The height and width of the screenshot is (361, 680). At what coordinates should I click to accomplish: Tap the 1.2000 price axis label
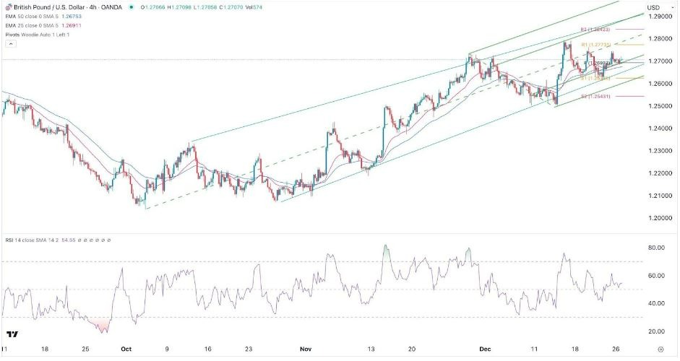(657, 218)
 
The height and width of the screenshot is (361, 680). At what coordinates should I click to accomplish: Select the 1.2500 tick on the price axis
(657, 106)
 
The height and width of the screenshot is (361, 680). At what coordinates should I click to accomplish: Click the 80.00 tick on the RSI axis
(655, 248)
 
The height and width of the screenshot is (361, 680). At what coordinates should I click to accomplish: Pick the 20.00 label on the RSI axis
(655, 331)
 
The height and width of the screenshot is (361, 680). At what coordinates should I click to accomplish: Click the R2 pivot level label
(593, 30)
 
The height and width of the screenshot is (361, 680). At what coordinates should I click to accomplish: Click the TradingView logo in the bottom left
(12, 334)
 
